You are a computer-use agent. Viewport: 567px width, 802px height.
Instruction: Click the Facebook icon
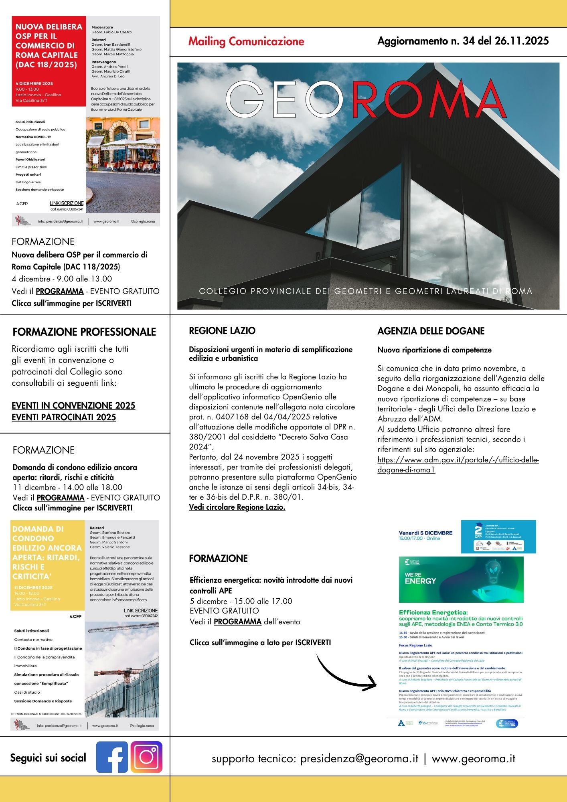pyautogui.click(x=112, y=757)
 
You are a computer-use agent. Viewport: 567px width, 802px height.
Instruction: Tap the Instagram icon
pyautogui.click(x=146, y=757)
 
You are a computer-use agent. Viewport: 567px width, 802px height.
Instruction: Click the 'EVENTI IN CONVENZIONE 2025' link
pyautogui.click(x=73, y=405)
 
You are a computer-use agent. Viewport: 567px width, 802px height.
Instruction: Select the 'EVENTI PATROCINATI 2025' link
pyautogui.click(x=64, y=417)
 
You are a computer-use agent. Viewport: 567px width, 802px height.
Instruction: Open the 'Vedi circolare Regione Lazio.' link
pyautogui.click(x=237, y=507)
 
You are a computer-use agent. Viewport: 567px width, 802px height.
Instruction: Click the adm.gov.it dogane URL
pyautogui.click(x=458, y=465)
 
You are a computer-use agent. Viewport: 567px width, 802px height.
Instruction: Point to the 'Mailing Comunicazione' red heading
pyautogui.click(x=246, y=41)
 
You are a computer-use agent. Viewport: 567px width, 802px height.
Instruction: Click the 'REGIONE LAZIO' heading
pyautogui.click(x=222, y=331)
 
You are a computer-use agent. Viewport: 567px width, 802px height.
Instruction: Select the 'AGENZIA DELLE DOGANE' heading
pyautogui.click(x=431, y=331)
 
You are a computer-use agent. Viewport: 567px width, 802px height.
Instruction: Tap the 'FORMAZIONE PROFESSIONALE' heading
pyautogui.click(x=84, y=332)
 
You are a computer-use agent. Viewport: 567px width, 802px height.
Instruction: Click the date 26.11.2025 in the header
pyautogui.click(x=522, y=41)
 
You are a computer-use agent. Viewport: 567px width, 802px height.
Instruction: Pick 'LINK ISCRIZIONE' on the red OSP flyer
pyautogui.click(x=67, y=203)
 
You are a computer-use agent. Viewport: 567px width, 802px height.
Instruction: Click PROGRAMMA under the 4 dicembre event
pyautogui.click(x=60, y=292)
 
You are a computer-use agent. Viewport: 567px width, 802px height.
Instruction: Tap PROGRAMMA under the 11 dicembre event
pyautogui.click(x=61, y=498)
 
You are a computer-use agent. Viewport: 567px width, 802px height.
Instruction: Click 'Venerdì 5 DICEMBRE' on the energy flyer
pyautogui.click(x=425, y=533)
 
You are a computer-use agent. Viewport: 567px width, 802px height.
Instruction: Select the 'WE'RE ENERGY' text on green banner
pyautogui.click(x=420, y=578)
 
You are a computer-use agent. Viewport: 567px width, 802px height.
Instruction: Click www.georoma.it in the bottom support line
pyautogui.click(x=473, y=759)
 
